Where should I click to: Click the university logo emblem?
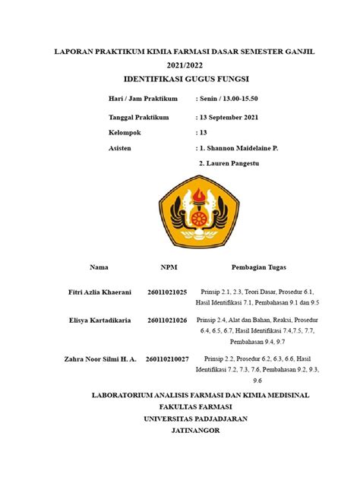pos(191,213)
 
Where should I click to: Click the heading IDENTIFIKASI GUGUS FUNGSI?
pos(186,79)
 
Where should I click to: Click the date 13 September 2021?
pos(233,118)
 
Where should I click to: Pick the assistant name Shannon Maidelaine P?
pos(239,148)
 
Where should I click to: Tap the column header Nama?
pos(99,267)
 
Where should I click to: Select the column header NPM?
pos(169,267)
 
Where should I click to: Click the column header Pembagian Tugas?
pos(258,267)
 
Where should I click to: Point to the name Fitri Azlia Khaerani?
pos(99,292)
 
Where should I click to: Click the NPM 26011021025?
pos(169,292)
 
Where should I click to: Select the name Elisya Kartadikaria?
pos(99,321)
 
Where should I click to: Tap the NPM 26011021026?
pos(169,321)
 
